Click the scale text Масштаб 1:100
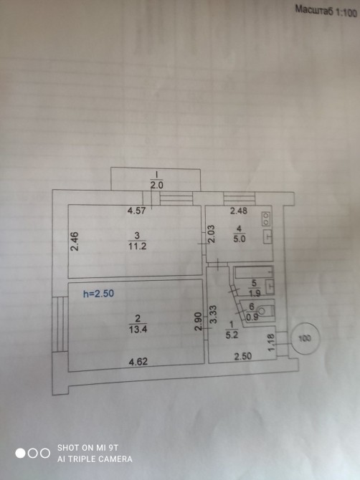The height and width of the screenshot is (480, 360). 326,11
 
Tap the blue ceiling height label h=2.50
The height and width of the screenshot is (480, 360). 98,294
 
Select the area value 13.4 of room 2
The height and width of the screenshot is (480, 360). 138,330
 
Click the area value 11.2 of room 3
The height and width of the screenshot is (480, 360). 137,246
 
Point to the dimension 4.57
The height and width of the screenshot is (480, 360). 137,211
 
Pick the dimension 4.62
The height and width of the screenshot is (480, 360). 138,362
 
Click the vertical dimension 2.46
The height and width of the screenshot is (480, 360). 75,241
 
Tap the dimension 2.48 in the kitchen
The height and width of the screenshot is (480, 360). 239,211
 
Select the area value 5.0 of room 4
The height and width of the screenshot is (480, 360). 240,239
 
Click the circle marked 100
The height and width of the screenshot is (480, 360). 305,338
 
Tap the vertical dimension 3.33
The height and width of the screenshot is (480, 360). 214,314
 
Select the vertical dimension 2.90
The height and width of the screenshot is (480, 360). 199,321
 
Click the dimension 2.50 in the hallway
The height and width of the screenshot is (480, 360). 243,356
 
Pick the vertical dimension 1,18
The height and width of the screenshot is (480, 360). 271,342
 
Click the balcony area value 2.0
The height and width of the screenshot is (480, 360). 156,186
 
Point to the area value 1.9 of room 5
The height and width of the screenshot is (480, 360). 255,293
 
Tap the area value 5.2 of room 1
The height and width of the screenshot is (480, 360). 232,335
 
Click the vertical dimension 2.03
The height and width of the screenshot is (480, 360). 212,234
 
